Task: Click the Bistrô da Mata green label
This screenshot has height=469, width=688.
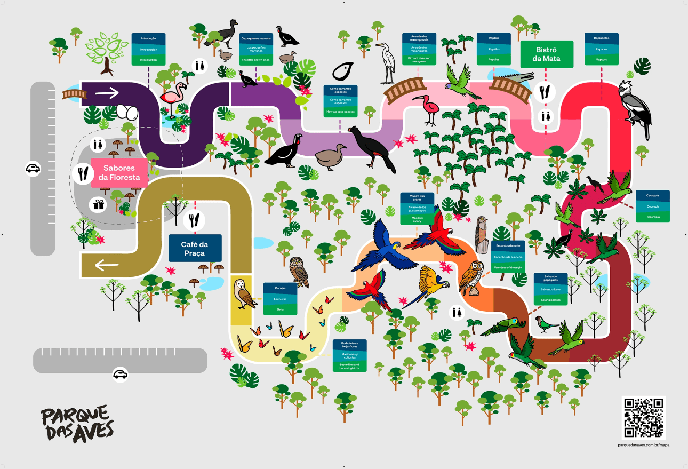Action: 547,54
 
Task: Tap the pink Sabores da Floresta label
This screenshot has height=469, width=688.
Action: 118,173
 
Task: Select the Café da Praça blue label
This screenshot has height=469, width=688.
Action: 195,248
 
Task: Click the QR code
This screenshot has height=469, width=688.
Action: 643,417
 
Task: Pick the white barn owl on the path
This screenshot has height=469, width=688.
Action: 244,294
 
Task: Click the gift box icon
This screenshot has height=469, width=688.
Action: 98,204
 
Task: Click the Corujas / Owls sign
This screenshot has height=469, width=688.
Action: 280,298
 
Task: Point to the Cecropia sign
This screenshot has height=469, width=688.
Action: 653,206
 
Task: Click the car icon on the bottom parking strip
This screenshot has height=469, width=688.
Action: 121,375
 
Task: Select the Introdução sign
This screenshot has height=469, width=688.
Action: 148,49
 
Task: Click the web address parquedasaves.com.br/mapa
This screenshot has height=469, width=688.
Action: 643,444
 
